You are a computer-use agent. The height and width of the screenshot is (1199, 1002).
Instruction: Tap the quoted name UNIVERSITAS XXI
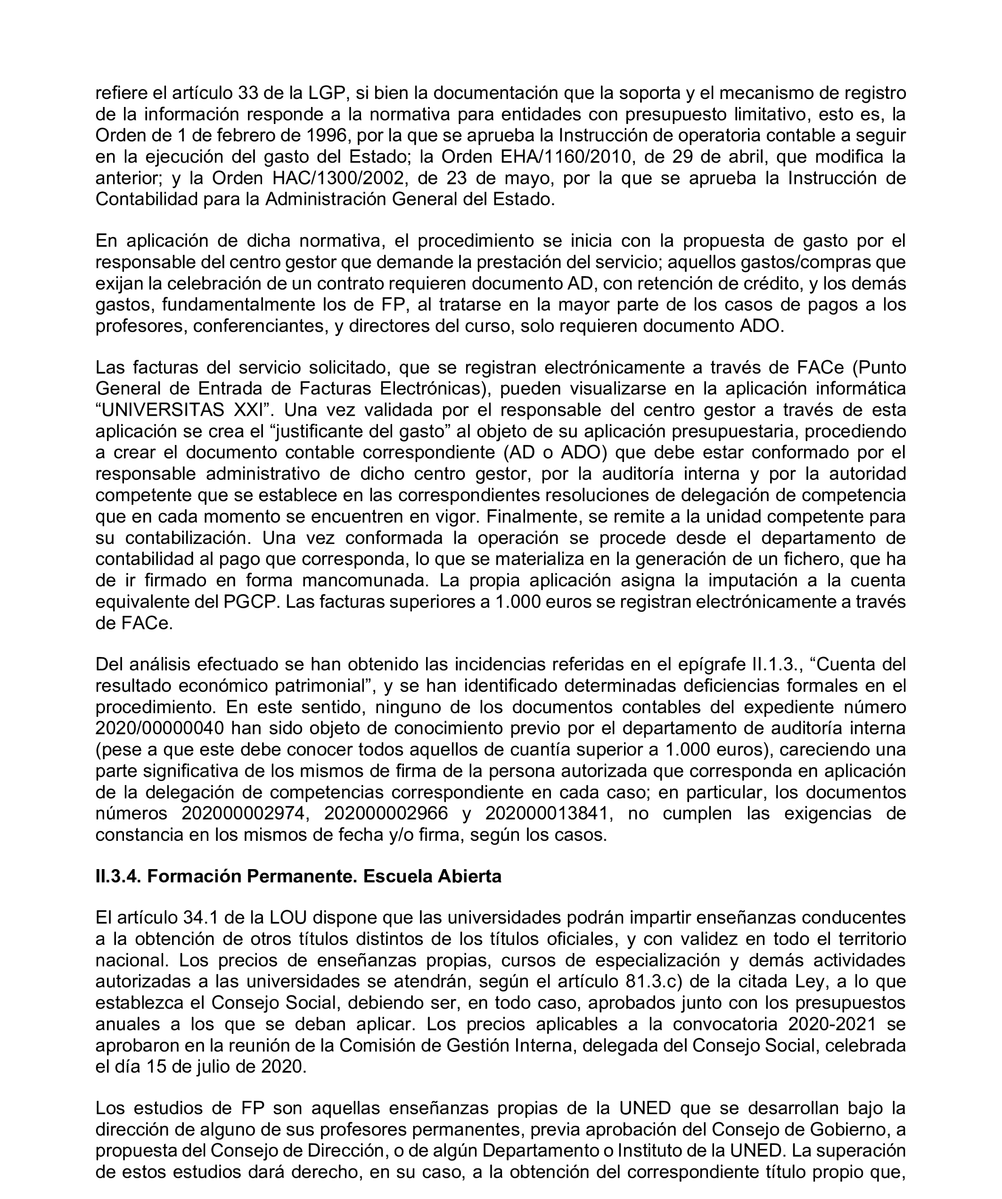pyautogui.click(x=184, y=410)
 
